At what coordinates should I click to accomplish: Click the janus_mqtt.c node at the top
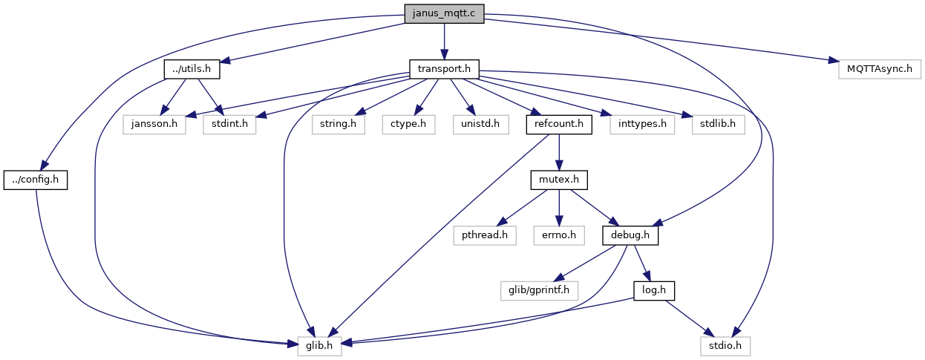tap(444, 13)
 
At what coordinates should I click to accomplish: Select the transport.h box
tap(444, 69)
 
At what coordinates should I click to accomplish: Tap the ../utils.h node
tap(192, 69)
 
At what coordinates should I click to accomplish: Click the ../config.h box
tap(36, 180)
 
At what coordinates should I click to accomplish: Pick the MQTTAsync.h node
tap(880, 69)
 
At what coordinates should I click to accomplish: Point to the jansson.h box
tap(154, 124)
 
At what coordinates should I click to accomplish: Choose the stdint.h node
tap(229, 124)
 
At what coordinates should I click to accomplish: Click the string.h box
tap(339, 124)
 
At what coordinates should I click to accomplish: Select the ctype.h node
tap(408, 124)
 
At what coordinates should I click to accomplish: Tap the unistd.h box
tap(480, 124)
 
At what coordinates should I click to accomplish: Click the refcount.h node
tap(559, 124)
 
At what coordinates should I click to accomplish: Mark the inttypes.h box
tap(642, 124)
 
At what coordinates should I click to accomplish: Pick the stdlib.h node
tap(719, 124)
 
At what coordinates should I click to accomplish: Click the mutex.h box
tap(559, 180)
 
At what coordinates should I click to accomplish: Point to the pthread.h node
tap(485, 235)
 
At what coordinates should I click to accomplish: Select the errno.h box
tap(559, 235)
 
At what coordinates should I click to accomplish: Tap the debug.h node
tap(630, 235)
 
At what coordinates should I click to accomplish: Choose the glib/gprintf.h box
tap(539, 291)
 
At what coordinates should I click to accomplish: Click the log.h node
tap(654, 291)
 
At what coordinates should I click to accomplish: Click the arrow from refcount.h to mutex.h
tap(559, 152)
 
